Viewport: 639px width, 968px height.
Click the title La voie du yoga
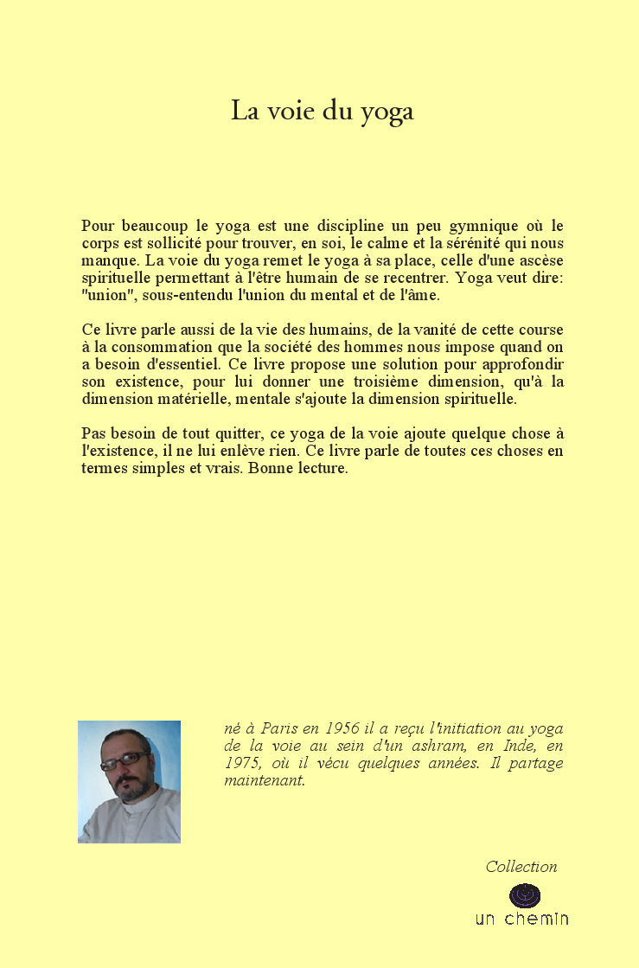(x=322, y=112)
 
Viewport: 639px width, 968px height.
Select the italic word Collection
(x=521, y=867)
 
